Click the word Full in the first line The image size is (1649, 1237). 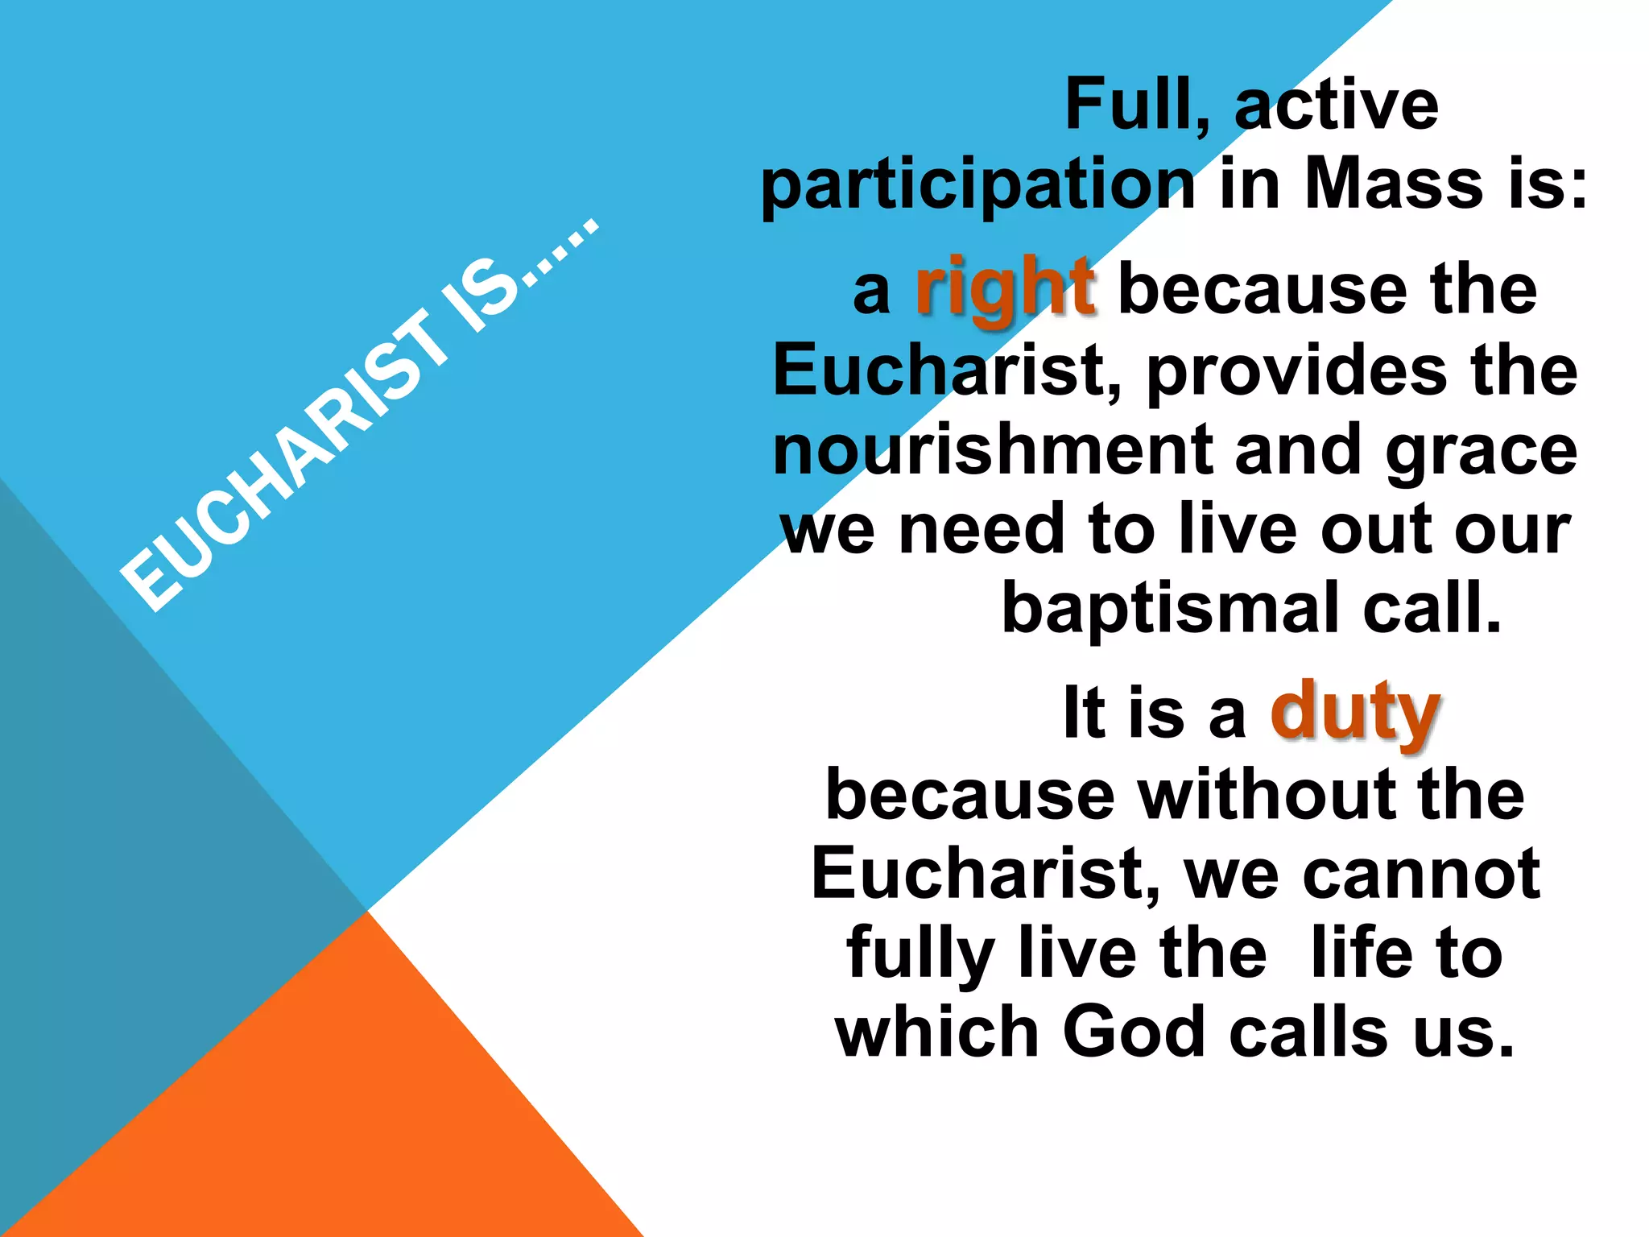click(1135, 105)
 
